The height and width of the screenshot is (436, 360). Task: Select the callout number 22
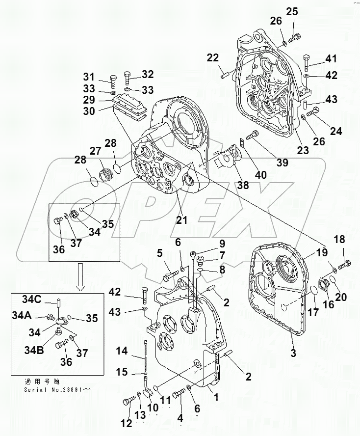point(212,58)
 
